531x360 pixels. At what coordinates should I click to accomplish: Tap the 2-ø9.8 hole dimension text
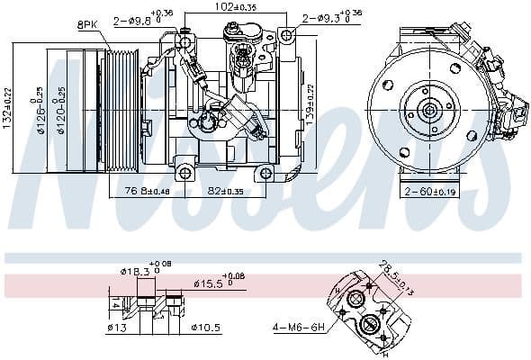tap(138, 18)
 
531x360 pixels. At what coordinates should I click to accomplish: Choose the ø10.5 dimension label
tap(202, 328)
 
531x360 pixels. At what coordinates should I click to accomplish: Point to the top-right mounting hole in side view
tap(286, 36)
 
